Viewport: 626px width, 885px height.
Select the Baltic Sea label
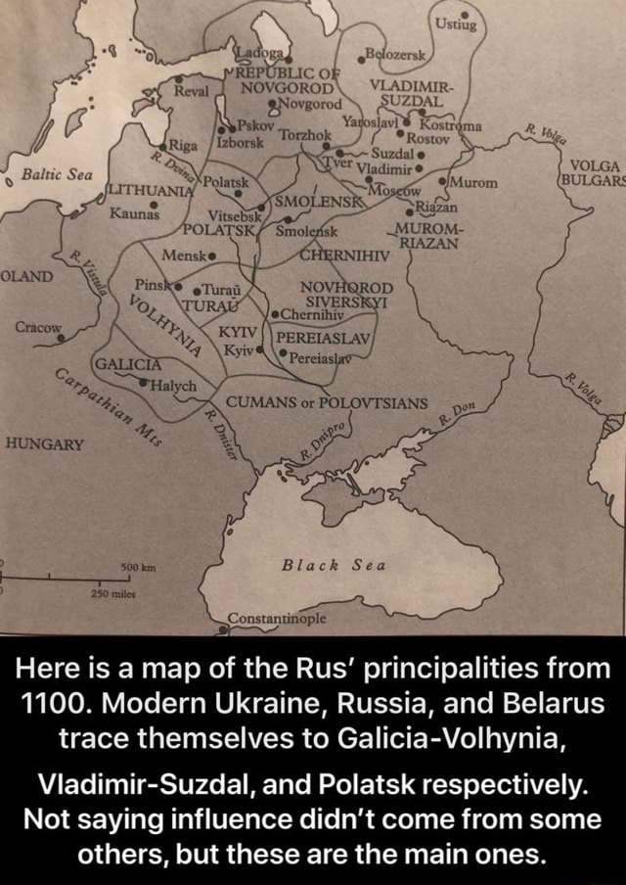tap(56, 174)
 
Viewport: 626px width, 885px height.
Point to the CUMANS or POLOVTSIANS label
tap(326, 403)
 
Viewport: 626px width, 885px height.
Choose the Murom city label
tap(475, 181)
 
